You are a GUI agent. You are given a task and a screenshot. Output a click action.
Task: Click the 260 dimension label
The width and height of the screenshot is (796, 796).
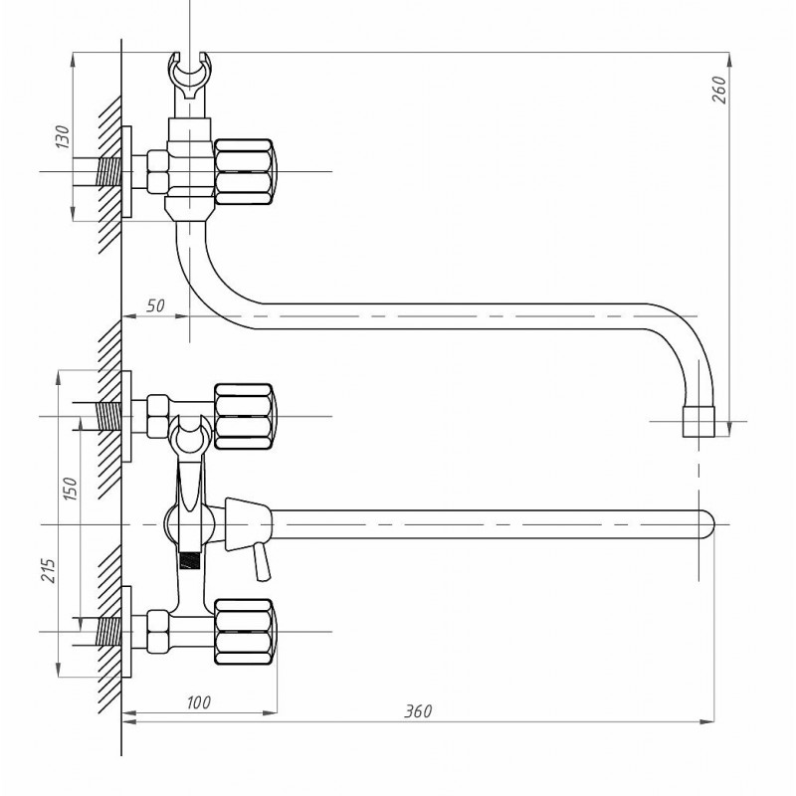[719, 90]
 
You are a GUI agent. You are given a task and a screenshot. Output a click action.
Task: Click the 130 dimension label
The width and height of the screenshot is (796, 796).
[63, 136]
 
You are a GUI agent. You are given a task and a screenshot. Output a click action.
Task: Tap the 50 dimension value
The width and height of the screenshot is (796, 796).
[156, 305]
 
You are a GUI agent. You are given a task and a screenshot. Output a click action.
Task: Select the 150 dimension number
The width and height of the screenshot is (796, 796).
[70, 489]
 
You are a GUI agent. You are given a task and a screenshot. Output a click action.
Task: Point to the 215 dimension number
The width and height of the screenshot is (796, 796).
[48, 570]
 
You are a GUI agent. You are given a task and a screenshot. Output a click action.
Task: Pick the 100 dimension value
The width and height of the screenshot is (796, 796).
[198, 702]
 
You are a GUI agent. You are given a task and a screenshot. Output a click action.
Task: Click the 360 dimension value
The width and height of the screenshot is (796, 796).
[418, 711]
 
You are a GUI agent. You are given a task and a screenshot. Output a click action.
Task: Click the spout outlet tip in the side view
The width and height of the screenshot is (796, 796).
[698, 421]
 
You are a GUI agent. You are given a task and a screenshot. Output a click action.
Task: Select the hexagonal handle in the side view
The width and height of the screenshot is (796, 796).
[245, 172]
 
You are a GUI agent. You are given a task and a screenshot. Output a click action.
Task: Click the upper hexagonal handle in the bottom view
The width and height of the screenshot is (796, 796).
[245, 417]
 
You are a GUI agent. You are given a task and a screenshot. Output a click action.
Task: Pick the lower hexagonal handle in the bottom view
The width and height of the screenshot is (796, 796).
[245, 632]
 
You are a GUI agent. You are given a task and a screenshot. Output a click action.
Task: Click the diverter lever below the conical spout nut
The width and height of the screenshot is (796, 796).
[263, 561]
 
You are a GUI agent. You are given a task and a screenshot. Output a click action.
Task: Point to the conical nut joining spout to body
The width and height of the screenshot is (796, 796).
[248, 524]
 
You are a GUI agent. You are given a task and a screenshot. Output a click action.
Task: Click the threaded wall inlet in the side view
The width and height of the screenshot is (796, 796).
[109, 172]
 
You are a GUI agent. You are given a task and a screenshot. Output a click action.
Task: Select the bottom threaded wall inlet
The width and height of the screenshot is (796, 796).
[109, 632]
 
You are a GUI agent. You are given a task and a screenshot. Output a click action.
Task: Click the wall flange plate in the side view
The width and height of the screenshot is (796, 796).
[127, 172]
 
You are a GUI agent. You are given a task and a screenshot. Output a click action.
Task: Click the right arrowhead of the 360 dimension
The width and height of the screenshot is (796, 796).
[707, 721]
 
